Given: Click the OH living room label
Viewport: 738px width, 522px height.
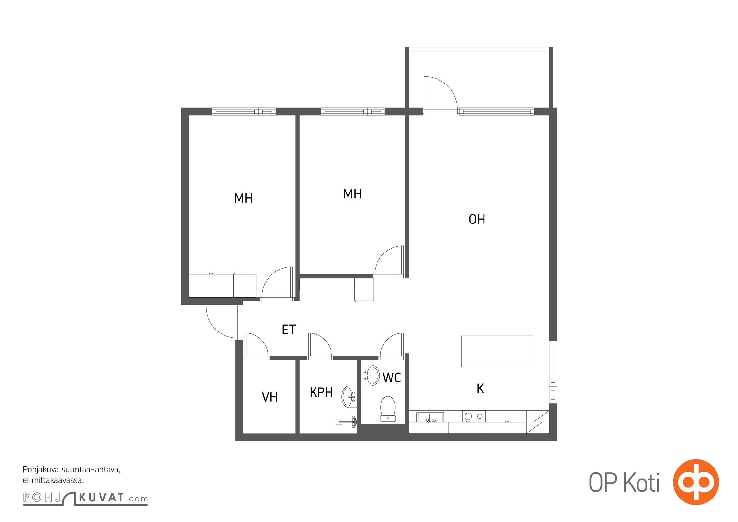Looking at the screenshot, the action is [x=477, y=219].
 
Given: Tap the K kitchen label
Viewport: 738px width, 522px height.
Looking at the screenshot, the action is [x=480, y=389].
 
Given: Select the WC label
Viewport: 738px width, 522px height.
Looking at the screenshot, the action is [x=392, y=377].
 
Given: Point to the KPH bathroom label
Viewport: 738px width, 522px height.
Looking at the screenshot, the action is [x=321, y=392].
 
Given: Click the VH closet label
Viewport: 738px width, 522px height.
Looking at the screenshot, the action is [x=270, y=397].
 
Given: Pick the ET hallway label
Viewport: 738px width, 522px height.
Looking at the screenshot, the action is [x=289, y=330].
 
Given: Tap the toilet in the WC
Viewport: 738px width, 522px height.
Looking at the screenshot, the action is [x=388, y=409].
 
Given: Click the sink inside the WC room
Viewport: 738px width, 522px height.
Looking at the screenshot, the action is [x=370, y=375].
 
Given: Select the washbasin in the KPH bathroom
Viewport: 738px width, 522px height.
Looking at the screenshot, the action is [x=349, y=396].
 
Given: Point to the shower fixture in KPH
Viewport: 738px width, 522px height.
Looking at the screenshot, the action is [x=346, y=422].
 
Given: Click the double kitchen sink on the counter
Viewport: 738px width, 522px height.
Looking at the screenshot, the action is [x=430, y=418].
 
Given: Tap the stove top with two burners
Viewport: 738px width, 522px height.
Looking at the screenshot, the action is [x=474, y=416].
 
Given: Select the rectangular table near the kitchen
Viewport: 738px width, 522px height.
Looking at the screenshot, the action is [x=498, y=351].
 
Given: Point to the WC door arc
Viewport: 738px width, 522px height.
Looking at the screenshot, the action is [x=388, y=340].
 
